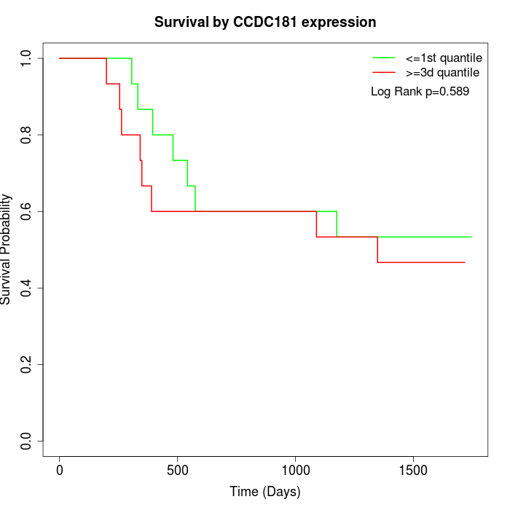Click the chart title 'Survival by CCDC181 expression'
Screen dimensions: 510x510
(265, 22)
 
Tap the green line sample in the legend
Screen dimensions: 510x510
(384, 57)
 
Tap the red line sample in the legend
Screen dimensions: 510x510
(384, 73)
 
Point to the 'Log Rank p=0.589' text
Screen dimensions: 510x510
(420, 92)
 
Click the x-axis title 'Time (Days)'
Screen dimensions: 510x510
(264, 492)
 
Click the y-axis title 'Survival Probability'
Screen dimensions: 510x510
(7, 249)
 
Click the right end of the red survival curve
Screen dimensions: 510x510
(464, 262)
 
